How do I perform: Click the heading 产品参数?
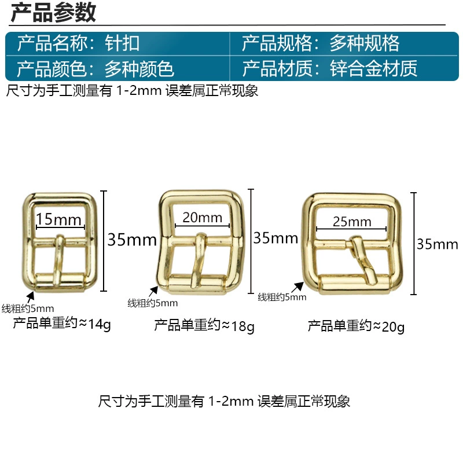tap(53, 12)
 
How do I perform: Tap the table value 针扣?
tap(122, 43)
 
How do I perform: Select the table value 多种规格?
tap(365, 43)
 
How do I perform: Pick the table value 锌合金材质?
tap(373, 68)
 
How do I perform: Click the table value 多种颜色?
tap(139, 69)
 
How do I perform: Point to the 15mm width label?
tap(58, 220)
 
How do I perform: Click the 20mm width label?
tap(202, 218)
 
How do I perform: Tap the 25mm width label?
tap(352, 222)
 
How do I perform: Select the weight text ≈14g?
tap(94, 324)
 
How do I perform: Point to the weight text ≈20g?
tap(388, 326)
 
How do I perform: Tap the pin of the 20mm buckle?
tap(199, 260)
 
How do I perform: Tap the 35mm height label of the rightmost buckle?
tap(438, 244)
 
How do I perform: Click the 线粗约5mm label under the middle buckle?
tap(153, 303)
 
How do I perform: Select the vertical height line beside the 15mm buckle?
tap(104, 241)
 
